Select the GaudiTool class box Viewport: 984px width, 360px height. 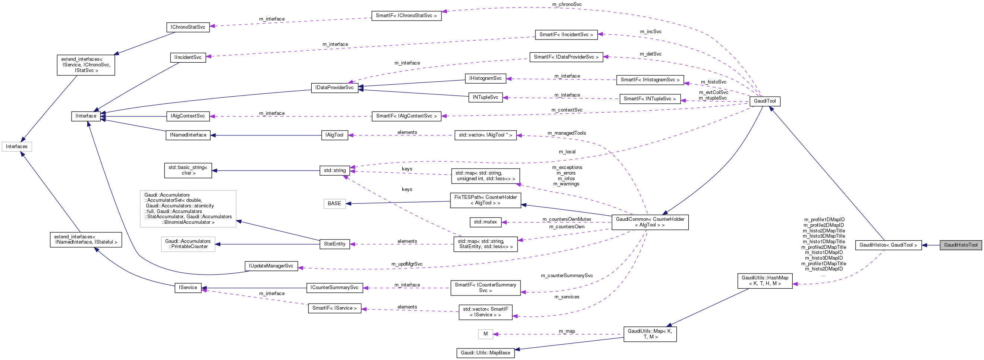coord(765,101)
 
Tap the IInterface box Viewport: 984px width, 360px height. coord(86,116)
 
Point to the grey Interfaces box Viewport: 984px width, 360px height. coord(17,147)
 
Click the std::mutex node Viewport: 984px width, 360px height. coord(485,222)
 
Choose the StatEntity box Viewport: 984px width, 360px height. coord(334,244)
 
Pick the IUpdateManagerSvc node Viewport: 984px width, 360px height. coord(271,266)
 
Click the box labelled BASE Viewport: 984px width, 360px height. coord(334,204)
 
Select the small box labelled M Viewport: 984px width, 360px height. coord(485,334)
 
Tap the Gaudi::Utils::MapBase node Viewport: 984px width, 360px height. coord(485,353)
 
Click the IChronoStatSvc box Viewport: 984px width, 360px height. coord(188,28)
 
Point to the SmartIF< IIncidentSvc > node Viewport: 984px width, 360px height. coord(566,35)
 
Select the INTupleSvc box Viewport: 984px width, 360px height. coord(485,97)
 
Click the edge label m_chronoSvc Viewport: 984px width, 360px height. coord(567,4)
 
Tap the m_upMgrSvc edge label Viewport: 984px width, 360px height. coord(407,264)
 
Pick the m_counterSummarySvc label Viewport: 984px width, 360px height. coord(567,276)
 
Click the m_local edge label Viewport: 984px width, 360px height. coord(567,152)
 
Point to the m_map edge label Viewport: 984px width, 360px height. coord(567,331)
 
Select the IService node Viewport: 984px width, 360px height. coord(188,288)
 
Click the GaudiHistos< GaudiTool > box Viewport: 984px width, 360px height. coord(888,245)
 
